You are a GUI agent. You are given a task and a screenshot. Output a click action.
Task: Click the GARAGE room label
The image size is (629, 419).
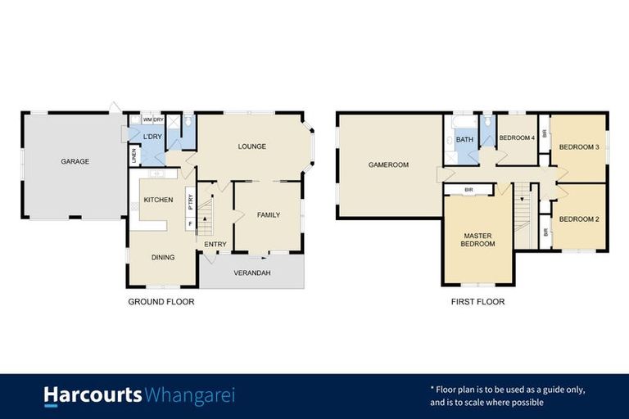75,161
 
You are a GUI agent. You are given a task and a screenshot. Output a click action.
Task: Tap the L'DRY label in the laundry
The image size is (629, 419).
152,136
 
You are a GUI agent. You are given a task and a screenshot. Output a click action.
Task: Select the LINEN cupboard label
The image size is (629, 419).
133,155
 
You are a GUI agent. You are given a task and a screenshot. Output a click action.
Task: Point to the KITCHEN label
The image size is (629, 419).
158,200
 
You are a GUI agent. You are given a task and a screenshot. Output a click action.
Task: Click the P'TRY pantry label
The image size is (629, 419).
189,199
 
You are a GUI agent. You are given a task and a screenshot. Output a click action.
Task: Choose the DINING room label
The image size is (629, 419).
162,257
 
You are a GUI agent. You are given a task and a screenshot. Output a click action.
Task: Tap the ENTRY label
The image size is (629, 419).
215,244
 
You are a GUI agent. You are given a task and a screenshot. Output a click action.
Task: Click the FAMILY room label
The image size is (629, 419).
268,215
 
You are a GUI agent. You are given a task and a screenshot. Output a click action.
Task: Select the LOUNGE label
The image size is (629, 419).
251,146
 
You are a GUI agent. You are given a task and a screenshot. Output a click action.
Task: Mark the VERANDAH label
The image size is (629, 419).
251,273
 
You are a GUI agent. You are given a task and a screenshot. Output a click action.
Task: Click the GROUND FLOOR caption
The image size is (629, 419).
161,302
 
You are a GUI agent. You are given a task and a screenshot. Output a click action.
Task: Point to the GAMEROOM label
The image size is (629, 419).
388,164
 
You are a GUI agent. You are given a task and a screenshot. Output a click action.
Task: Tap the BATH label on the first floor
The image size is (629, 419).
464,140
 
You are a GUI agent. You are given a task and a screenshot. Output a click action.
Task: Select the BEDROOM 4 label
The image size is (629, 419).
517,137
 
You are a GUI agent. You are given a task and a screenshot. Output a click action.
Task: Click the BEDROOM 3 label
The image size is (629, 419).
579,146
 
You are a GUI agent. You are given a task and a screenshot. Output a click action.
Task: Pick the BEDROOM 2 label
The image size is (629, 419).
579,219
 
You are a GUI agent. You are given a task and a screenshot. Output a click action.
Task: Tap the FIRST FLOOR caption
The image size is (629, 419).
477,302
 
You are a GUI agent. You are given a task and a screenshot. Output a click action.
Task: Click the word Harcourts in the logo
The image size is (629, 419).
93,396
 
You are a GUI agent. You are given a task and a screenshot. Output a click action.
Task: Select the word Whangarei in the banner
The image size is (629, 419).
189,396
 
